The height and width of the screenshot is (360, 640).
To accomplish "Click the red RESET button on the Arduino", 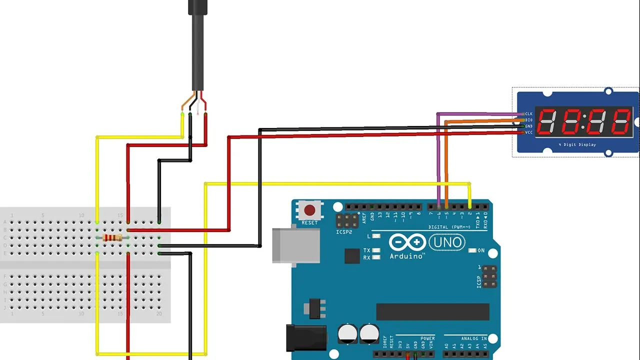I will [x=310, y=210].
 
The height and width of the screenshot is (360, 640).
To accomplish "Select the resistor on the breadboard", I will [x=112, y=238].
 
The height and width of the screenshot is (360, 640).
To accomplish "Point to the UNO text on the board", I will [x=448, y=242].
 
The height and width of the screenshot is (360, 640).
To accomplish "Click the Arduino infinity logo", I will [x=407, y=243].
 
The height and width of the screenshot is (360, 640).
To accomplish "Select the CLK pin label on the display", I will [x=528, y=114].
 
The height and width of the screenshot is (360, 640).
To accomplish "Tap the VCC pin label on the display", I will [x=528, y=132].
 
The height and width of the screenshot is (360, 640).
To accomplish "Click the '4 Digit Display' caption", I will [x=577, y=144].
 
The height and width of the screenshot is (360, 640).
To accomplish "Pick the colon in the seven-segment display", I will [x=583, y=122].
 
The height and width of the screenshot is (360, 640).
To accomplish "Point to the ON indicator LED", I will [x=471, y=250].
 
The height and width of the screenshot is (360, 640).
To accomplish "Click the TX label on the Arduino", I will [x=367, y=250].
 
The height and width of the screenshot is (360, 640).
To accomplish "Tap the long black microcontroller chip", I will [x=432, y=311].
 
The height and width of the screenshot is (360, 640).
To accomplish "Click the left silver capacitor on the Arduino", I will [x=348, y=333].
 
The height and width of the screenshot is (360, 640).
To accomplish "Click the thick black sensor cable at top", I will [x=198, y=45].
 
